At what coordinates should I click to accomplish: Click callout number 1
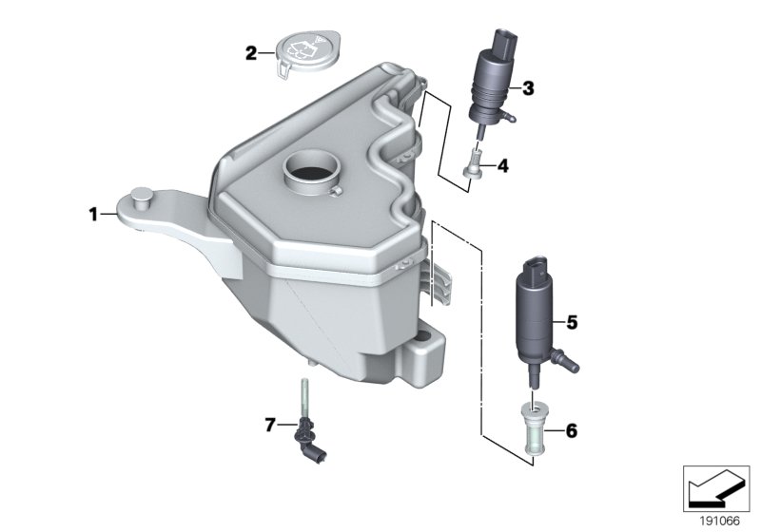(x=94, y=215)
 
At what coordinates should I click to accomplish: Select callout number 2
(x=251, y=53)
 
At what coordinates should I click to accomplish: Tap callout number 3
(x=528, y=88)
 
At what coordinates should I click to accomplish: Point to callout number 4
(x=502, y=166)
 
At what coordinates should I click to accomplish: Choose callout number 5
(x=572, y=323)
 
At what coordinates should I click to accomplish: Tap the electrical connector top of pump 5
(x=536, y=265)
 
